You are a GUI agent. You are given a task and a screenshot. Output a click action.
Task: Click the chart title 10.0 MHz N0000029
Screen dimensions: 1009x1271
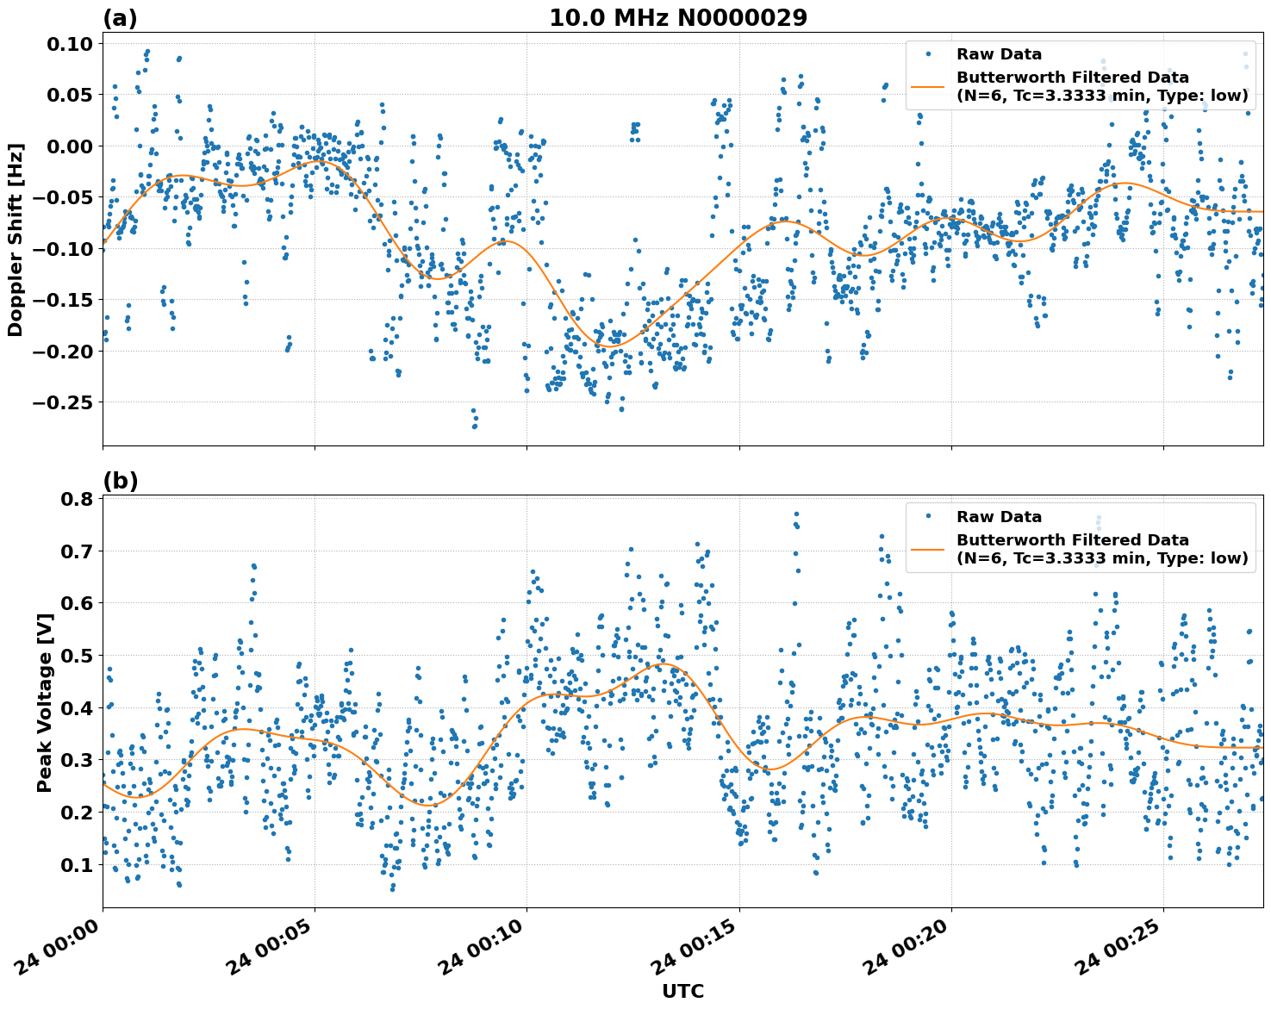[x=678, y=18]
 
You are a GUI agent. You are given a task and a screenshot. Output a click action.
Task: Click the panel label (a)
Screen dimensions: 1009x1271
[x=120, y=18]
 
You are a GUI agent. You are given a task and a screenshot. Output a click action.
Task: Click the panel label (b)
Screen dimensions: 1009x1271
[x=120, y=481]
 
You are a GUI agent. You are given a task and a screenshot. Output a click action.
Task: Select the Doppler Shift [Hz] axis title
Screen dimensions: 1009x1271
[x=16, y=240]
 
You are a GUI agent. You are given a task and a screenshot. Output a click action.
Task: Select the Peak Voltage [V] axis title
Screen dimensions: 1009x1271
[x=45, y=702]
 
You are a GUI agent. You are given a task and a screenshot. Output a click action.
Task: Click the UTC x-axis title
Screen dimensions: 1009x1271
[x=682, y=991]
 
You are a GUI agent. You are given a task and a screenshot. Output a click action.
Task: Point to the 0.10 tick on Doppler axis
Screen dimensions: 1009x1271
[x=68, y=44]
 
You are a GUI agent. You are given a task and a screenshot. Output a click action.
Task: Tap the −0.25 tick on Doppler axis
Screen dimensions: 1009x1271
[x=62, y=402]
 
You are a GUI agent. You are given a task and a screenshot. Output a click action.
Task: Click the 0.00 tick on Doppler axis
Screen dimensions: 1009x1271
[x=68, y=146]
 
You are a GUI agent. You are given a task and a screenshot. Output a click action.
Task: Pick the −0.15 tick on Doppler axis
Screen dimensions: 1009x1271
[x=62, y=300]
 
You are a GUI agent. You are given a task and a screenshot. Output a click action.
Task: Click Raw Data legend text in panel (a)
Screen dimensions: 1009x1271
[x=999, y=54]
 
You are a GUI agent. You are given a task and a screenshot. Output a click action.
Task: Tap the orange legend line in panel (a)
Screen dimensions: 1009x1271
[x=928, y=86]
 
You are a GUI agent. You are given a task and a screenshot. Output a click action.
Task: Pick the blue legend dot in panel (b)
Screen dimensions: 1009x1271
[x=928, y=516]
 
